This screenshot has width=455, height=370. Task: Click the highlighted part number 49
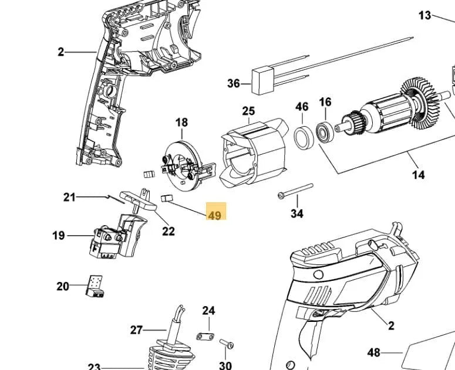point(214,215)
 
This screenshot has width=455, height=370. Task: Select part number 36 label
point(234,84)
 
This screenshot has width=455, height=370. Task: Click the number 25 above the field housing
point(248,111)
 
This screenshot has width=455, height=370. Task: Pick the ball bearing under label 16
point(324,131)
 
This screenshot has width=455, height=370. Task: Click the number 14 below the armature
point(419,175)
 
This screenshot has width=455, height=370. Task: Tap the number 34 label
point(297,214)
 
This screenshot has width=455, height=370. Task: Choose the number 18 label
point(182,123)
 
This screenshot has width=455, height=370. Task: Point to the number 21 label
point(70,197)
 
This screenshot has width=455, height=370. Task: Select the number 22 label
point(168,231)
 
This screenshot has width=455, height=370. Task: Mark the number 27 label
point(136,330)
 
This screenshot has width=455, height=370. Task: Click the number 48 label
point(374,352)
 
